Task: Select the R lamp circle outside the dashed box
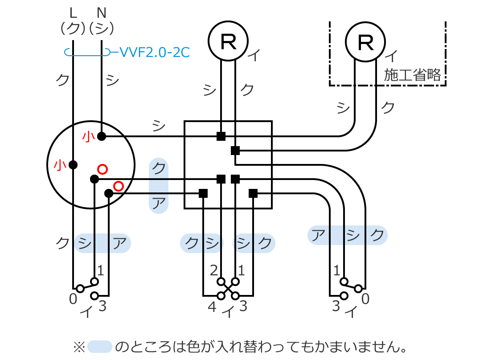click(x=228, y=42)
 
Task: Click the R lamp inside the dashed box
click(x=365, y=42)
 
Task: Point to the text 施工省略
click(x=412, y=75)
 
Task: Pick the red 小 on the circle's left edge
click(x=60, y=165)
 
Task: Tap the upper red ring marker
click(x=102, y=169)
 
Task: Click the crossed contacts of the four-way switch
click(x=228, y=288)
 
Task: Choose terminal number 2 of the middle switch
click(x=213, y=270)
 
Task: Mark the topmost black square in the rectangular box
click(x=221, y=136)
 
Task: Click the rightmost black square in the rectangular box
click(x=253, y=193)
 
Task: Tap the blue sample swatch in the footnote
click(x=100, y=347)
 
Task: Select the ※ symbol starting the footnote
click(x=79, y=347)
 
